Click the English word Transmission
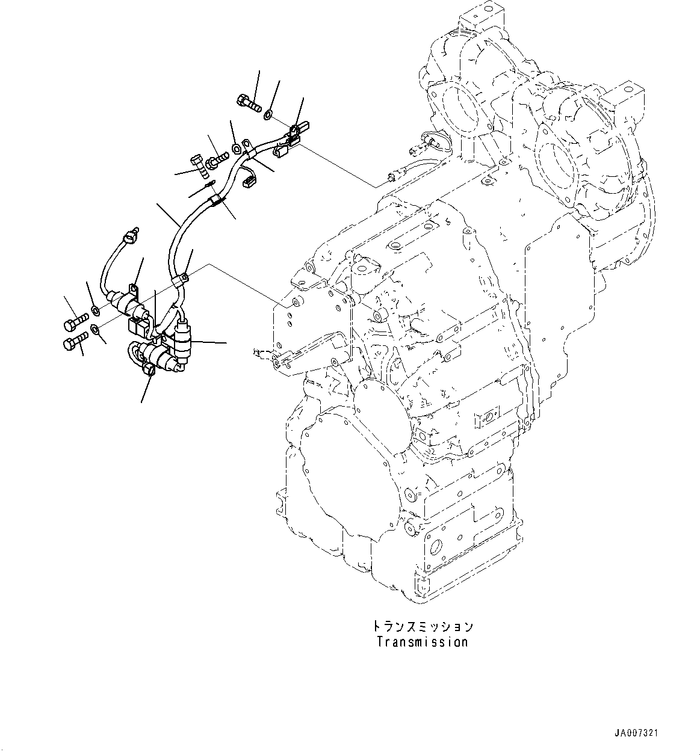tap(422, 642)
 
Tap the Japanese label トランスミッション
tap(422, 626)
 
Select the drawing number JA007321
tap(636, 733)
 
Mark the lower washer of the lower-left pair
tap(95, 329)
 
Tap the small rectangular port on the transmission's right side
tap(487, 416)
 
